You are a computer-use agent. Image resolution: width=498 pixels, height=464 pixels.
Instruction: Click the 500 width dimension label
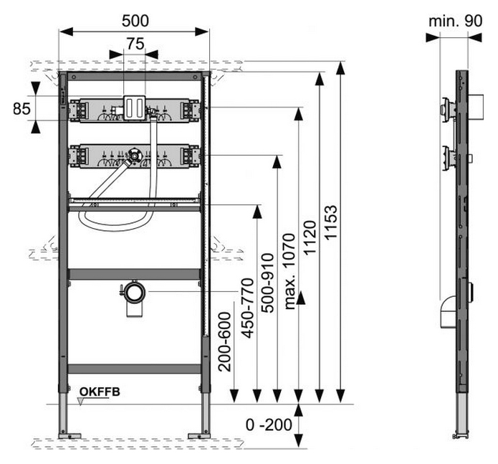(x=135, y=21)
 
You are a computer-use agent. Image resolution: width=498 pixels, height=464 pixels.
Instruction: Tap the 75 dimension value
(x=135, y=44)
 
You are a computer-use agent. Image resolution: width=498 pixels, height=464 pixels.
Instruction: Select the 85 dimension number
(x=22, y=109)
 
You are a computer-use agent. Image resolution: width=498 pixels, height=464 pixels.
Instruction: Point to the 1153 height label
(x=331, y=222)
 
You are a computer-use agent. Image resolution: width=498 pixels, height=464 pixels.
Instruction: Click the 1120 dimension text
(x=310, y=237)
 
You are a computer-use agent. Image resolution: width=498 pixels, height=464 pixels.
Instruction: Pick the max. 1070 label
(x=289, y=271)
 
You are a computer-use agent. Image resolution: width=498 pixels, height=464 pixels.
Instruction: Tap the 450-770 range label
(x=247, y=308)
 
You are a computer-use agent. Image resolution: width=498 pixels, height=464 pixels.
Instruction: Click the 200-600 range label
(x=225, y=342)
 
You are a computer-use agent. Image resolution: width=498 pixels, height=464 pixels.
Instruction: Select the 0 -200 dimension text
(x=269, y=425)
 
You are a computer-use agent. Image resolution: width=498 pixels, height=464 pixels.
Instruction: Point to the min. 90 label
(x=455, y=21)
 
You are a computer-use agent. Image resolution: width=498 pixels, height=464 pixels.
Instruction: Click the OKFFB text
(x=100, y=392)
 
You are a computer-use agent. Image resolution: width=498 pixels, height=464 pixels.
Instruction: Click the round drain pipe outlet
(x=134, y=293)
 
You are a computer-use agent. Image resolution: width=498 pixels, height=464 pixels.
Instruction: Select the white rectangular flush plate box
(x=134, y=108)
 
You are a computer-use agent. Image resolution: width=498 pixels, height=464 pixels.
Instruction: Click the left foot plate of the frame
(x=70, y=436)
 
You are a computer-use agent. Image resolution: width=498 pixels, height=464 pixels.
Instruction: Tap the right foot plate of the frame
(x=198, y=436)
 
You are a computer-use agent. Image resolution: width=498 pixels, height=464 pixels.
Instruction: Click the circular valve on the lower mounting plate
(x=135, y=156)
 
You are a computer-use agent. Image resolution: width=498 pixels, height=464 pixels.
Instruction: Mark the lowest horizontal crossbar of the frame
(x=134, y=369)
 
